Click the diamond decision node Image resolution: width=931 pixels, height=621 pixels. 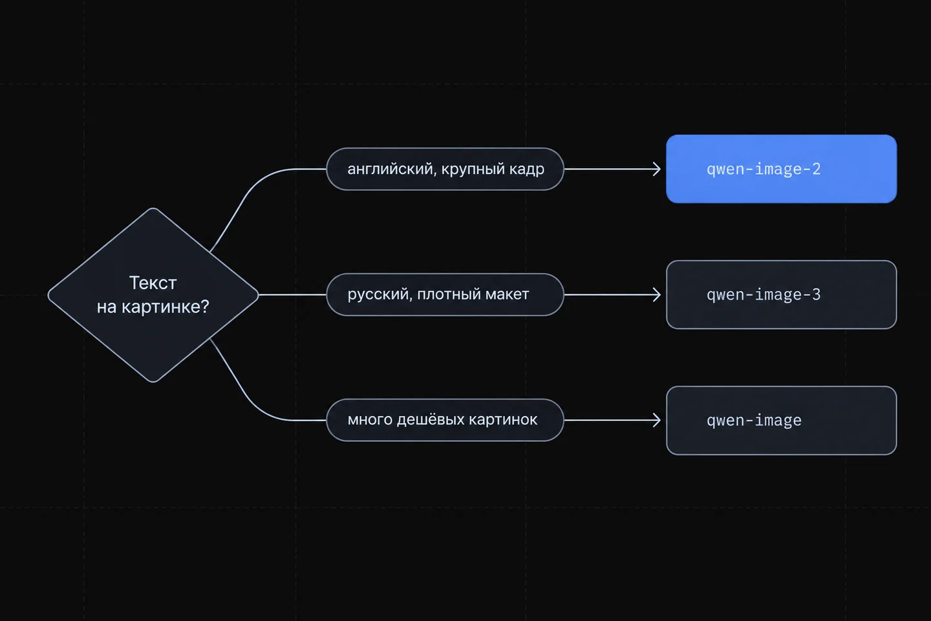(x=153, y=295)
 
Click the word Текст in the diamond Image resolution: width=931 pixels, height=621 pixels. (x=153, y=283)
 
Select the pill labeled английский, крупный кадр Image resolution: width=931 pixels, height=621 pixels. (x=445, y=169)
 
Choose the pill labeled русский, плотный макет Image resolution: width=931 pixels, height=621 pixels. (x=445, y=294)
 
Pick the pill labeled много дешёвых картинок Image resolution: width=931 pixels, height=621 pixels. (x=445, y=420)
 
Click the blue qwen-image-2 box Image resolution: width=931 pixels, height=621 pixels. (x=782, y=169)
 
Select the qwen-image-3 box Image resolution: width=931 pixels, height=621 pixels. (x=782, y=294)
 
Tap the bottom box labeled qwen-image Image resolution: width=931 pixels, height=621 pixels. (x=782, y=420)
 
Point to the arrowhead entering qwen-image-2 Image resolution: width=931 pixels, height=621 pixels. (x=657, y=169)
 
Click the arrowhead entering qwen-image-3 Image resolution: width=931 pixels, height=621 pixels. (x=657, y=294)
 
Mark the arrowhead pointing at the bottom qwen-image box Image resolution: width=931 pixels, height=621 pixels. (x=657, y=420)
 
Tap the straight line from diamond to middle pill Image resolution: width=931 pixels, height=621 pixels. (x=293, y=294)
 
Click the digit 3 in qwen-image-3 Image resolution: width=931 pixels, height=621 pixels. (x=817, y=294)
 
